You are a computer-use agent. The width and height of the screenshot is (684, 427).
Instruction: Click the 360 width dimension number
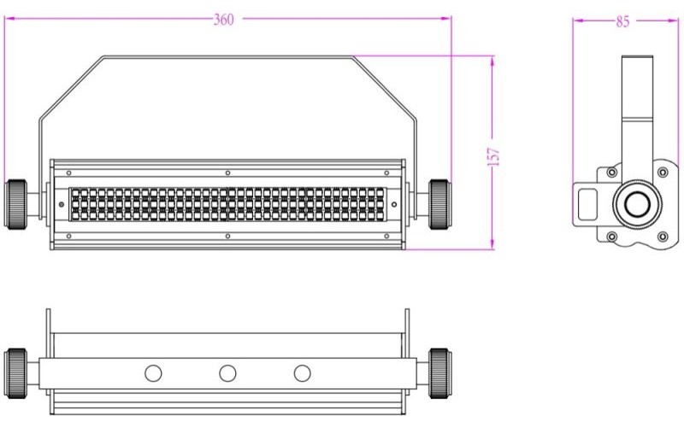tap(224, 20)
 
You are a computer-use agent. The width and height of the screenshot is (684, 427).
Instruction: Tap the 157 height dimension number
tap(493, 156)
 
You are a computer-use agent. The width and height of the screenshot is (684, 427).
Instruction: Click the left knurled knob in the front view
tap(17, 203)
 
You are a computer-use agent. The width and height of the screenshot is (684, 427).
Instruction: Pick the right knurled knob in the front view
tap(439, 203)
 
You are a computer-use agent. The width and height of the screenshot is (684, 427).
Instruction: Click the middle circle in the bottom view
tap(227, 373)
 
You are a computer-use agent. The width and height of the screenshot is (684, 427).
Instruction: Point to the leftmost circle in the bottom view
tap(153, 373)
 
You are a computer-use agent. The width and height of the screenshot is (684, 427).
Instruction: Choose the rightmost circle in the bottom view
tap(302, 373)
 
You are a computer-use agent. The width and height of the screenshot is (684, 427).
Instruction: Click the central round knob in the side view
tap(635, 204)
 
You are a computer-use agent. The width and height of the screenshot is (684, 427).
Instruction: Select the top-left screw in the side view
tap(611, 173)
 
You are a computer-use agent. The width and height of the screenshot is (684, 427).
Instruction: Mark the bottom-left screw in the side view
tap(611, 236)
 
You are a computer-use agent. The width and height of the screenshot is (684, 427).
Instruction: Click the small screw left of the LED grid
tap(61, 204)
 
